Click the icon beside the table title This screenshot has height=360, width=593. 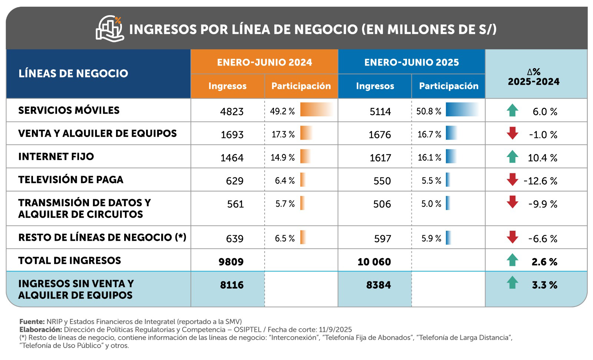click(x=109, y=29)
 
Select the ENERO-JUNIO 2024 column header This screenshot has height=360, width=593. click(x=264, y=62)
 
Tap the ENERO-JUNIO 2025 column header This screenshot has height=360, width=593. click(x=411, y=62)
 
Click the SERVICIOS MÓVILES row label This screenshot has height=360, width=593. click(x=69, y=110)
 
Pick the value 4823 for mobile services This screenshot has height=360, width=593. click(x=232, y=111)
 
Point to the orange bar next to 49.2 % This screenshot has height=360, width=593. click(x=316, y=110)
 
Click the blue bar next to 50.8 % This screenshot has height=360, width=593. click(x=462, y=110)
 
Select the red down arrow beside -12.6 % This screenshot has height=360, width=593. click(x=512, y=180)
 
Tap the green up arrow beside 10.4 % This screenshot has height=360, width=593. click(x=512, y=157)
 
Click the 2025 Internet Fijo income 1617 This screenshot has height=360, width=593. click(x=380, y=158)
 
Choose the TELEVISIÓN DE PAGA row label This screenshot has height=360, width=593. click(x=71, y=180)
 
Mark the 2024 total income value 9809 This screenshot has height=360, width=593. click(x=231, y=262)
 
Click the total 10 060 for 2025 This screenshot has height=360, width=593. click(x=374, y=262)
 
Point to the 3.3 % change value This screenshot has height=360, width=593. click(x=544, y=285)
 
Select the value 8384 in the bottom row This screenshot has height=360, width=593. click(x=378, y=285)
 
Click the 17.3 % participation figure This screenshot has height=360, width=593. click(x=283, y=134)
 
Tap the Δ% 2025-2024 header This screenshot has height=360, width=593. click(x=534, y=77)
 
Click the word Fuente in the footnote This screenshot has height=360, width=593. click(x=32, y=321)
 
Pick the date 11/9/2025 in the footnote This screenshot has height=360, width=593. click(x=335, y=330)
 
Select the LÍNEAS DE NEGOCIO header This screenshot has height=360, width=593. click(x=73, y=73)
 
